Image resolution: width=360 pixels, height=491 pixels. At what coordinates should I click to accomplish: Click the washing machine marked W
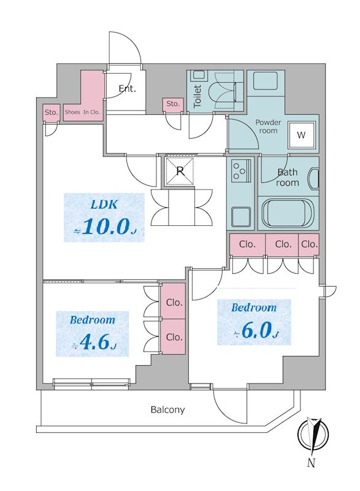click(x=301, y=134)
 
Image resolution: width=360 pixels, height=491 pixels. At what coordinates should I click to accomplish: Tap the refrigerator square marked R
click(x=180, y=171)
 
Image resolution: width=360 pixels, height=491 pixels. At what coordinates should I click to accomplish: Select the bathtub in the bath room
click(x=287, y=214)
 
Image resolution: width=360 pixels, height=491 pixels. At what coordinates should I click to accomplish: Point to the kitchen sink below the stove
click(x=240, y=217)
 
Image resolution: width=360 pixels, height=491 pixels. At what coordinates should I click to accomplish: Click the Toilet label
click(x=197, y=96)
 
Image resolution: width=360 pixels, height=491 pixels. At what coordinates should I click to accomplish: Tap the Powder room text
click(x=268, y=126)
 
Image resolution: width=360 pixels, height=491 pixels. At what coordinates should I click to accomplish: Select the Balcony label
click(x=167, y=409)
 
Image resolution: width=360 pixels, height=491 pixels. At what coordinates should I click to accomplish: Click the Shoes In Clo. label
click(x=82, y=112)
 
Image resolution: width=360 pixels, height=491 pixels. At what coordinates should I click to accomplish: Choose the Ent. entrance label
click(x=128, y=88)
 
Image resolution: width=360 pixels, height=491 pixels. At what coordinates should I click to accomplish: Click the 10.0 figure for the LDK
click(x=105, y=226)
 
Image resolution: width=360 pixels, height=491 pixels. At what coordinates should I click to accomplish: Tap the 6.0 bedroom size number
click(x=256, y=330)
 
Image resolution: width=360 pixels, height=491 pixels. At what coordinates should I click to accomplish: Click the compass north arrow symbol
click(x=313, y=435)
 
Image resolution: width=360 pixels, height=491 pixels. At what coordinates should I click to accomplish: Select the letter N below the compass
click(x=310, y=463)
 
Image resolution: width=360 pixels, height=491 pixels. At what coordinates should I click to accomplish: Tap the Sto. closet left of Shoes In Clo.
click(x=51, y=112)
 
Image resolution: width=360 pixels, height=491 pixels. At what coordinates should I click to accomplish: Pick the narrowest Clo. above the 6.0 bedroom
click(x=308, y=244)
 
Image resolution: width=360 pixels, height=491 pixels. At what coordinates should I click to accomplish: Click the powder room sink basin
click(x=266, y=81)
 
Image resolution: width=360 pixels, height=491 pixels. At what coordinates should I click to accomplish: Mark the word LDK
click(x=104, y=204)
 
